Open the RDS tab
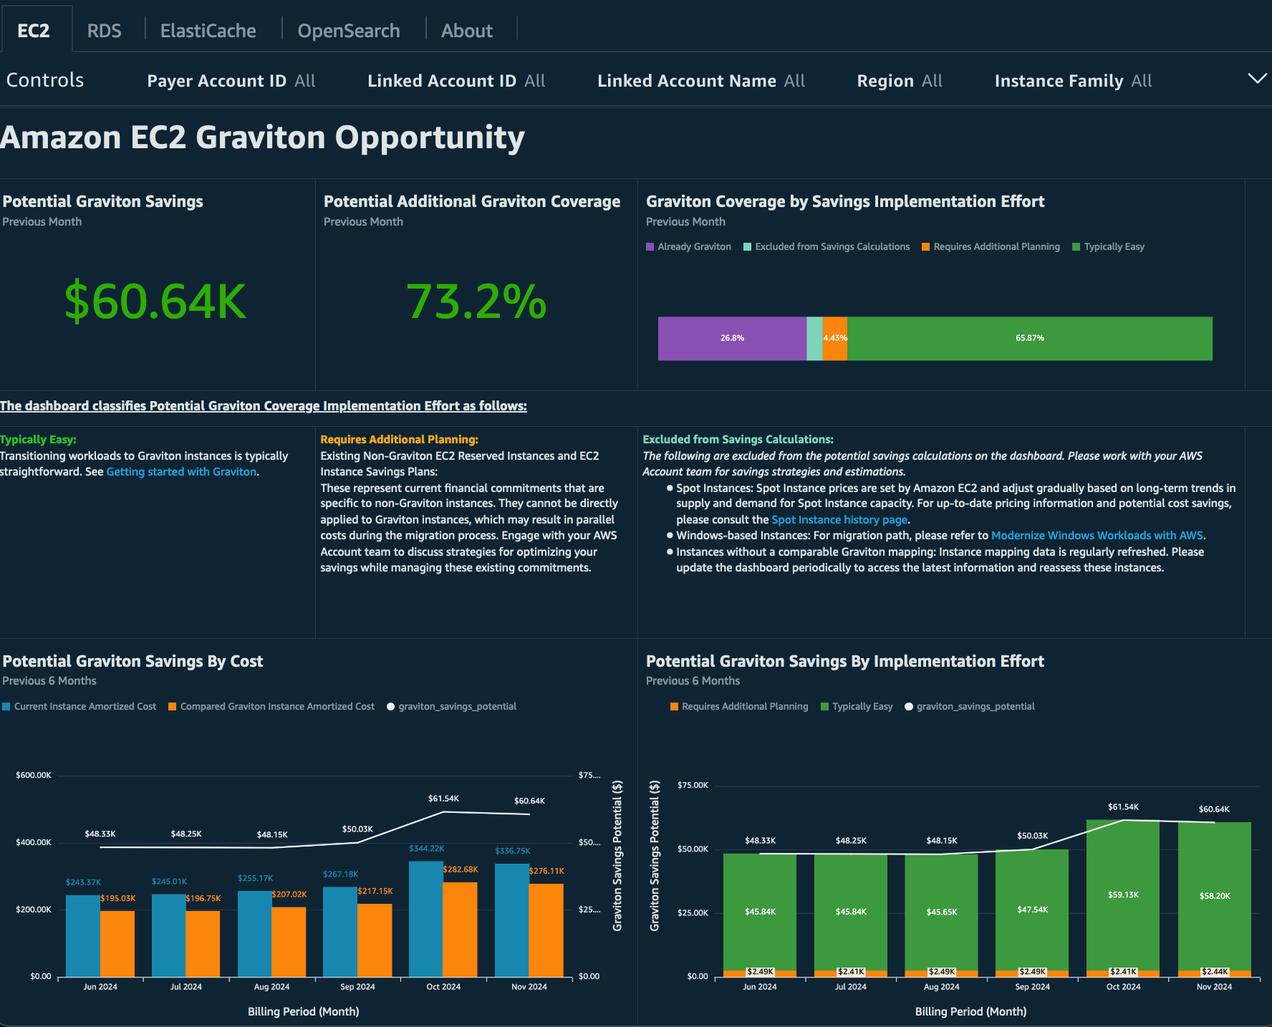(x=104, y=31)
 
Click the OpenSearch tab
(x=348, y=31)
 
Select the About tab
(x=466, y=31)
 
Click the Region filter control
(x=899, y=81)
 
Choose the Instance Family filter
(x=1072, y=81)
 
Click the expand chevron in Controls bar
(x=1257, y=79)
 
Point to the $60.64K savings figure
(x=155, y=302)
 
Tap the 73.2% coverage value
(x=476, y=302)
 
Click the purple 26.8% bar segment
(x=732, y=338)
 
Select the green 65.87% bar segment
(x=1029, y=338)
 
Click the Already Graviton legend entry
(x=688, y=246)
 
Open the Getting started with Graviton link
(x=181, y=472)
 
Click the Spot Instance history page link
(x=839, y=520)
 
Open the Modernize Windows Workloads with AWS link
(x=1097, y=536)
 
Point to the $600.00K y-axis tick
(x=34, y=775)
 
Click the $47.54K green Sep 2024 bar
(x=1032, y=910)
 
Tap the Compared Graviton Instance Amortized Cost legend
(x=271, y=706)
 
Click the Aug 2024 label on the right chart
(x=941, y=987)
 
